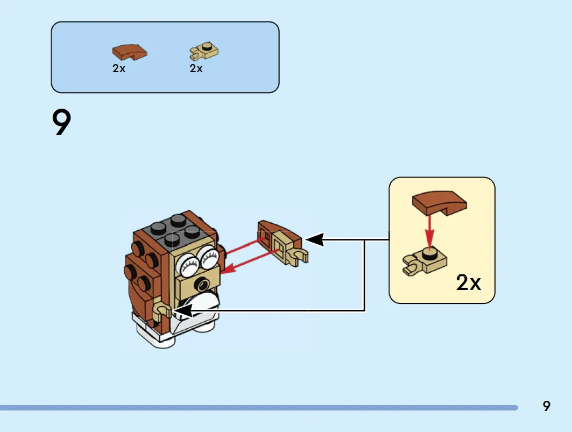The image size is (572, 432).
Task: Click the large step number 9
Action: [x=61, y=122]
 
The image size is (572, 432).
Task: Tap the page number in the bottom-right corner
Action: [x=546, y=406]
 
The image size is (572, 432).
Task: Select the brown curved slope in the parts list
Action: [x=130, y=52]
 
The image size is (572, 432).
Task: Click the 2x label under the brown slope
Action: [x=119, y=68]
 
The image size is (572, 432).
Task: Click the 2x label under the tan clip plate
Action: [x=196, y=68]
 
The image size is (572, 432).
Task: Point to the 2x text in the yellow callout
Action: [x=468, y=282]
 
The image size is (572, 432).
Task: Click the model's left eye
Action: [x=188, y=264]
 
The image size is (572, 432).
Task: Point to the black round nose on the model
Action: [x=202, y=284]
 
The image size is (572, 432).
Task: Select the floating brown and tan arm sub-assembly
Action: [x=283, y=242]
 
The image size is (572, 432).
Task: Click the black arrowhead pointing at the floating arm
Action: [x=314, y=240]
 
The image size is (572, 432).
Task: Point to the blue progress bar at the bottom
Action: [x=259, y=408]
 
